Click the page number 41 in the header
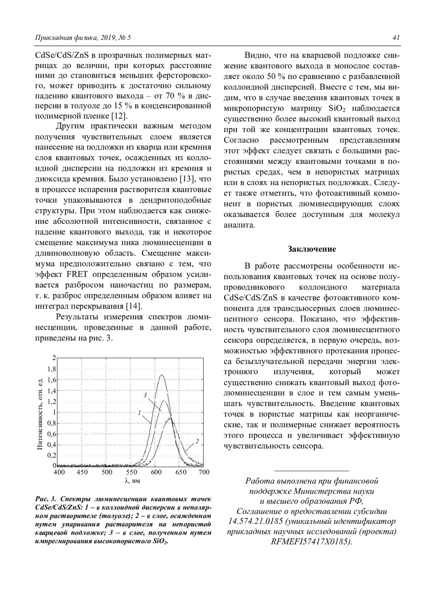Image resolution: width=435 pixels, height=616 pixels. pos(396,38)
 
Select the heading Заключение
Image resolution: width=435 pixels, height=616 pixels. pos(312,249)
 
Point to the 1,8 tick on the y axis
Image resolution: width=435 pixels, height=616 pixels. pos(52,369)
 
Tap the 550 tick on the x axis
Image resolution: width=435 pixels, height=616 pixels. pos(132,472)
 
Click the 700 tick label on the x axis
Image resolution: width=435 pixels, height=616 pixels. pos(204,472)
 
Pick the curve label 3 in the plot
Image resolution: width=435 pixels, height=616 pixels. pos(145,395)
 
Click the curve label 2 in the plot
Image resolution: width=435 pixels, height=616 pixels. pos(197,441)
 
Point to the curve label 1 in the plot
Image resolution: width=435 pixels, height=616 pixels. pos(139,412)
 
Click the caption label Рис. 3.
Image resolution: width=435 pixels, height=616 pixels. pos(43,499)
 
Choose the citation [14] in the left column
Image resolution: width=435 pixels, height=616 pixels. pos(133,306)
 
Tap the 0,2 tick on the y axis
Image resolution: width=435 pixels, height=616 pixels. pos(52,455)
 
